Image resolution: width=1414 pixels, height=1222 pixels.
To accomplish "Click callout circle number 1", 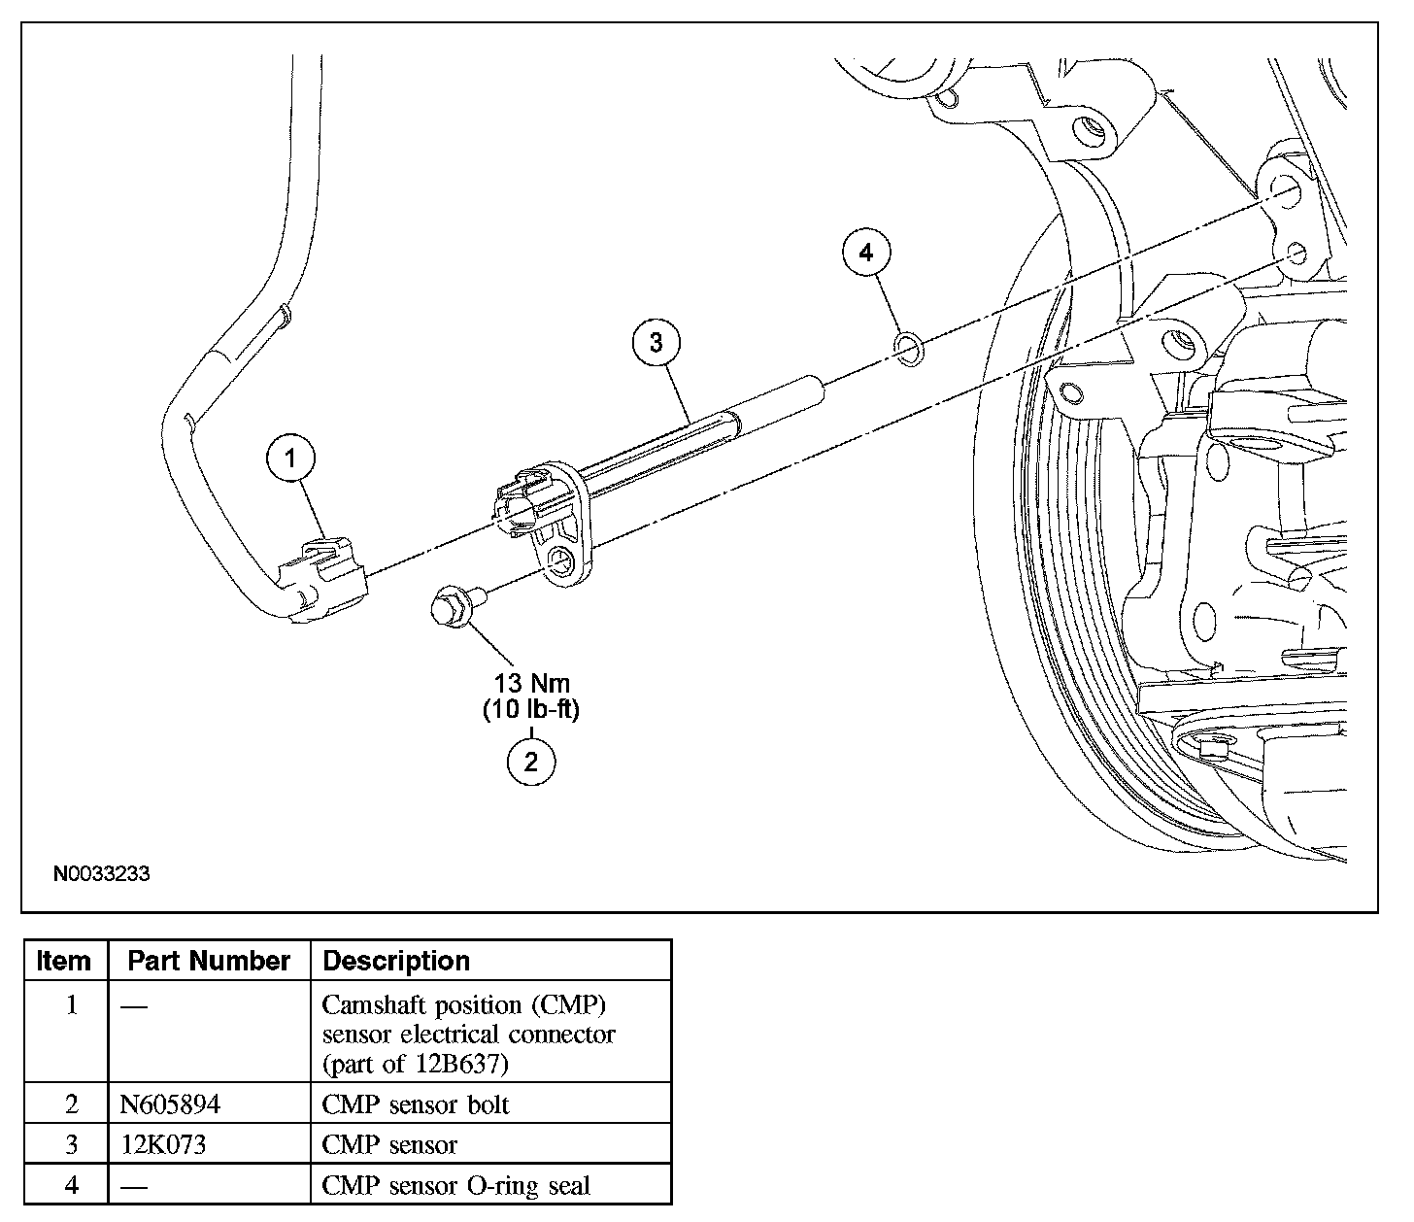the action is (290, 458).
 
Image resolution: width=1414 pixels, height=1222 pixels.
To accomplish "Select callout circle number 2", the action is (531, 762).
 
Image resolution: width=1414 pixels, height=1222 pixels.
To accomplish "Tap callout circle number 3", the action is (656, 342).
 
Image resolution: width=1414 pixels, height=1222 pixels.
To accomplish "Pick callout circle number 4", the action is (866, 253).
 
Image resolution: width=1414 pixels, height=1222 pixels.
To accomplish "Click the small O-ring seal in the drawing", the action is (909, 349).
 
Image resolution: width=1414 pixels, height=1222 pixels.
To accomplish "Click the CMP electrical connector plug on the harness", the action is (324, 580).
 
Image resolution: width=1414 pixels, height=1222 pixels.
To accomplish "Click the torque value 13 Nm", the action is (531, 683).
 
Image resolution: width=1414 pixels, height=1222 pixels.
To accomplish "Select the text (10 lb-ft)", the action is (531, 709).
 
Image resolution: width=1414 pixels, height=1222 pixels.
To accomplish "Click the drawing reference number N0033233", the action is (101, 873).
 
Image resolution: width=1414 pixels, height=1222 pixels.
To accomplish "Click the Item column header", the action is (64, 961).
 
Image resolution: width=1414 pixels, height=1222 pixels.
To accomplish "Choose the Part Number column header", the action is (209, 961).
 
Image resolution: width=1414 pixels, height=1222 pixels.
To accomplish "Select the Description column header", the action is (396, 961).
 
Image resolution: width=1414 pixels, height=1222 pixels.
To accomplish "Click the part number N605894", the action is (170, 1104).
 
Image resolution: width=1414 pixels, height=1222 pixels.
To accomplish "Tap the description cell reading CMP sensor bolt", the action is (416, 1105).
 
